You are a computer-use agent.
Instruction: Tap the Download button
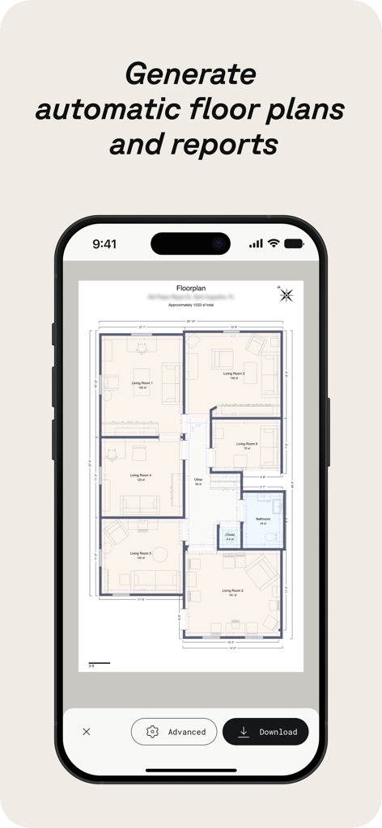265,732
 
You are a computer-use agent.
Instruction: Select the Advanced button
174,732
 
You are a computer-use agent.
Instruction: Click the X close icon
87,732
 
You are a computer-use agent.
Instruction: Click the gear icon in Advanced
151,732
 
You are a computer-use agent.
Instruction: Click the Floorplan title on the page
191,288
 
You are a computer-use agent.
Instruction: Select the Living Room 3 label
233,374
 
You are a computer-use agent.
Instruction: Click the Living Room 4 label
141,475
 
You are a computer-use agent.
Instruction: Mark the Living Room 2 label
232,591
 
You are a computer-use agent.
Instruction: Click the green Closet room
230,536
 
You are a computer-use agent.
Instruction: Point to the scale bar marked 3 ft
99,664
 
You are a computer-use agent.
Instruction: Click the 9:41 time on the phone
105,243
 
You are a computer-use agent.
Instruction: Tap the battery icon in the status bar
293,243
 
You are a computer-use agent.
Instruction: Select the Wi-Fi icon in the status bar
274,243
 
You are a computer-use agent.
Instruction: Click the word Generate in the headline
190,74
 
